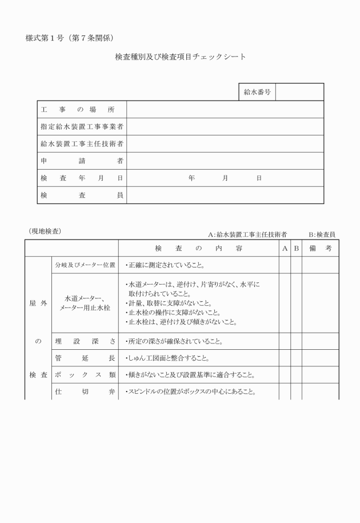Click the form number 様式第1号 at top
(46, 38)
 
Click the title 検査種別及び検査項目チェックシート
(181, 57)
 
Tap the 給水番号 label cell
(257, 92)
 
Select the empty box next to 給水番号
(299, 92)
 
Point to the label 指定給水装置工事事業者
(82, 126)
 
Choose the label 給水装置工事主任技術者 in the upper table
(82, 143)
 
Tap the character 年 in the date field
(191, 178)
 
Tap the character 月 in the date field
(225, 178)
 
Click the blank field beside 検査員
(225, 195)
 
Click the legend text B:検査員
(322, 234)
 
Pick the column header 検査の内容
(198, 249)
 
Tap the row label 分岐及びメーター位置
(85, 265)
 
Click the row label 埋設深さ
(85, 341)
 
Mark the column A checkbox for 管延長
(285, 358)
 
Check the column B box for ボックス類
(296, 375)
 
